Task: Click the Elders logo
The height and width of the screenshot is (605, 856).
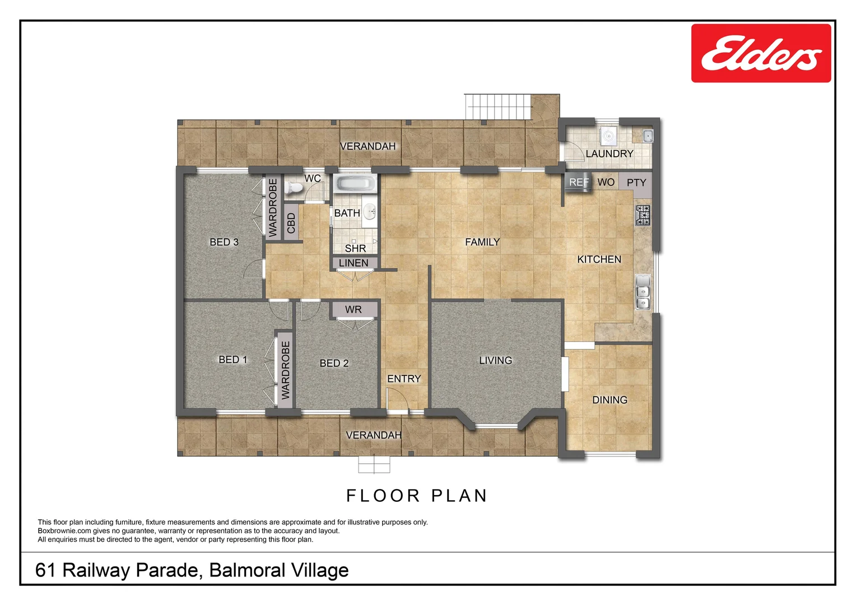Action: click(760, 53)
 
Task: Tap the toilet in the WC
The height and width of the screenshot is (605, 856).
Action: click(291, 188)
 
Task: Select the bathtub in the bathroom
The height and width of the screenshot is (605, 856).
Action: click(355, 184)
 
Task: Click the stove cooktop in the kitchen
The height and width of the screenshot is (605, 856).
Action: click(643, 215)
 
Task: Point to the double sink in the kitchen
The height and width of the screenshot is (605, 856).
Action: click(643, 292)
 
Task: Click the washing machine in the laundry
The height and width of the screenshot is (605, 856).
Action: click(608, 135)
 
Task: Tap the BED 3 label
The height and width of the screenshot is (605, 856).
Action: click(224, 242)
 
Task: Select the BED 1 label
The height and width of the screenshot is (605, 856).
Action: click(232, 360)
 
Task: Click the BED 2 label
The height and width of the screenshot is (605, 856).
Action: click(334, 363)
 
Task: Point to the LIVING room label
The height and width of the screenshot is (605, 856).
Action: click(495, 360)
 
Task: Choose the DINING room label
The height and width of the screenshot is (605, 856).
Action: click(610, 400)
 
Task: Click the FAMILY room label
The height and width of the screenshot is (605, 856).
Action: click(482, 242)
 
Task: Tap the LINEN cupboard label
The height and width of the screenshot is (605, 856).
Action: click(353, 263)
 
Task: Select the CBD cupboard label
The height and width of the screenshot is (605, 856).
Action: click(291, 223)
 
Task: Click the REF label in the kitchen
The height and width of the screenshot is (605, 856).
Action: click(579, 182)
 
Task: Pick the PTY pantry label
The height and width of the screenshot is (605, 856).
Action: click(636, 183)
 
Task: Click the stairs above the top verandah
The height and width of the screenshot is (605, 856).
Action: click(497, 106)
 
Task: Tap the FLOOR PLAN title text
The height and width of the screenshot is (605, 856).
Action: click(417, 496)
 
